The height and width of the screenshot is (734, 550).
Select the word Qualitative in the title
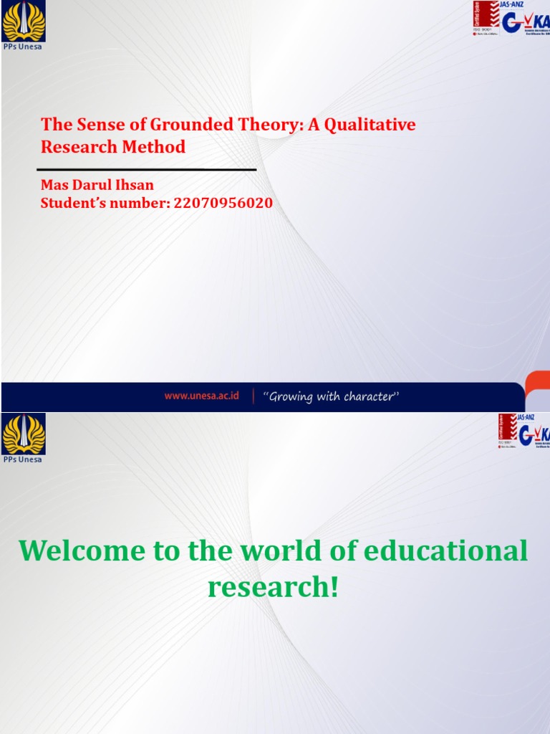tap(370, 125)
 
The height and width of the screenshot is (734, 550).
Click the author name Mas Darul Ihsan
tap(97, 186)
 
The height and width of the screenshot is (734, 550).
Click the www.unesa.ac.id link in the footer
tap(202, 396)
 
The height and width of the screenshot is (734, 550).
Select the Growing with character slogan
tap(330, 396)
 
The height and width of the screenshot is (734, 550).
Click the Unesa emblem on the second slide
tap(24, 434)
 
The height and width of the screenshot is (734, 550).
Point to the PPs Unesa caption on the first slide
tap(23, 47)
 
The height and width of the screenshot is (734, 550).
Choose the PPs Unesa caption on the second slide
tap(23, 459)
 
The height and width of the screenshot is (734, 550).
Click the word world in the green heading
tap(264, 551)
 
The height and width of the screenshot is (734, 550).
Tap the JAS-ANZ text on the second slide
tap(527, 416)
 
